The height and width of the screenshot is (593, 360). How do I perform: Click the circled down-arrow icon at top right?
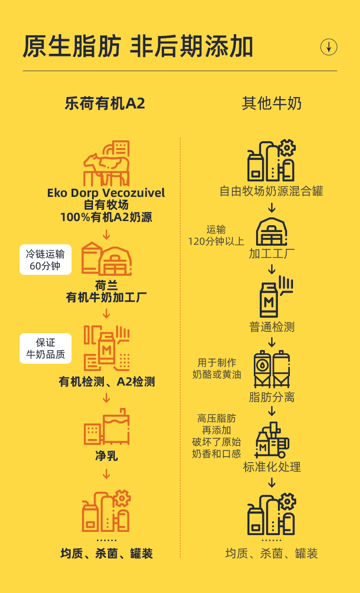329,47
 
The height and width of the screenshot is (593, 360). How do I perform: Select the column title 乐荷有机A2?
105,104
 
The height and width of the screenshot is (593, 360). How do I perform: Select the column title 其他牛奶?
272,104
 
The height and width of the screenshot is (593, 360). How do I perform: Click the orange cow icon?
107,163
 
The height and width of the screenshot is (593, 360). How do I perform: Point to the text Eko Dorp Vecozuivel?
106,193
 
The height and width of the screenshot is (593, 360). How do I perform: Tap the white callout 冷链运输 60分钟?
46,260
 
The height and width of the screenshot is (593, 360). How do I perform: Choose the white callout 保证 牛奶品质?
46,348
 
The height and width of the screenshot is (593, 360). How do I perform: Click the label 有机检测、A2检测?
107,382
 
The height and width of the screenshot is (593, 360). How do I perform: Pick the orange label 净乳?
106,455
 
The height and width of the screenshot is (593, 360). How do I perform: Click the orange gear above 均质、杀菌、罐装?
122,498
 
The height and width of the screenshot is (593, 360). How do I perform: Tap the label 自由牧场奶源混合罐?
272,191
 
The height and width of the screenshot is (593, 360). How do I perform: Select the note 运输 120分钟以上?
216,235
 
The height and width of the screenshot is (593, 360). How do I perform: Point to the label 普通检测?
272,327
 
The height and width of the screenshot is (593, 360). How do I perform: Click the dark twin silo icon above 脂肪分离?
272,369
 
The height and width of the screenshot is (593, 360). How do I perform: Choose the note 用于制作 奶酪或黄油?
216,368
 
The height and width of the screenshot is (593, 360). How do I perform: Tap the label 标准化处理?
272,467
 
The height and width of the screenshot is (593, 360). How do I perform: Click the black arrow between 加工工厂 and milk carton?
272,269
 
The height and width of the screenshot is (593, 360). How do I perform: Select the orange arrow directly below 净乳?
106,474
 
